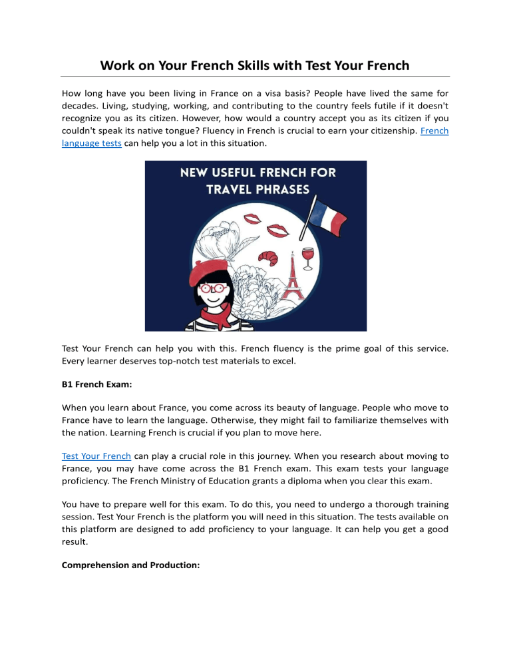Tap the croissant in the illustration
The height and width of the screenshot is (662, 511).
coord(252,256)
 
